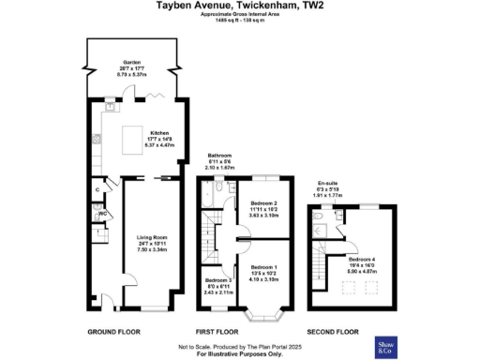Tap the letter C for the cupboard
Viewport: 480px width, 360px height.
coord(97,191)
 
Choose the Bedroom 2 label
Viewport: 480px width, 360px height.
coord(265,202)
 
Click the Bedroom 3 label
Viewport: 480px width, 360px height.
coord(218,279)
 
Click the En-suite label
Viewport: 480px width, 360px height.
coord(327,184)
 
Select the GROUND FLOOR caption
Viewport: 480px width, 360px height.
coord(114,332)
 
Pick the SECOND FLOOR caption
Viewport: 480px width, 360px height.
coord(335,332)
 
